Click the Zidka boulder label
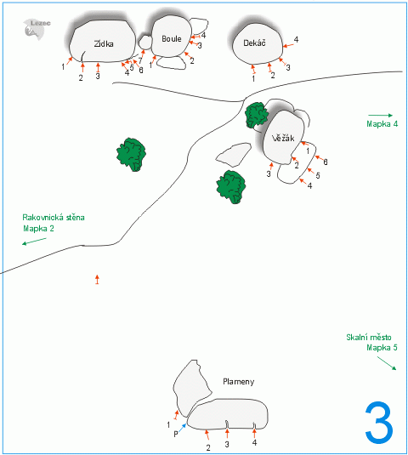(x=104, y=44)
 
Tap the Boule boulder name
(x=172, y=38)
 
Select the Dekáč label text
(x=254, y=43)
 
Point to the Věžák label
(x=283, y=138)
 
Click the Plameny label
(x=238, y=382)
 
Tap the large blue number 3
(x=379, y=423)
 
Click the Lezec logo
(x=37, y=28)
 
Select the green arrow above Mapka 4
(x=380, y=115)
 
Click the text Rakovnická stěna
(x=54, y=218)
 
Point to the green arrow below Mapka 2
(x=34, y=242)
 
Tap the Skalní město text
(x=369, y=337)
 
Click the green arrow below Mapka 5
(x=387, y=363)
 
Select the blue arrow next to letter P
(x=182, y=428)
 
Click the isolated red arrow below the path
(x=97, y=279)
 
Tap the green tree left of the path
(x=132, y=155)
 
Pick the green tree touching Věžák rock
(x=257, y=115)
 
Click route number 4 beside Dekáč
(x=296, y=39)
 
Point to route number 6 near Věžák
(x=326, y=162)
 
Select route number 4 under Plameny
(x=254, y=442)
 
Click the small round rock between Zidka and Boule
(x=145, y=43)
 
